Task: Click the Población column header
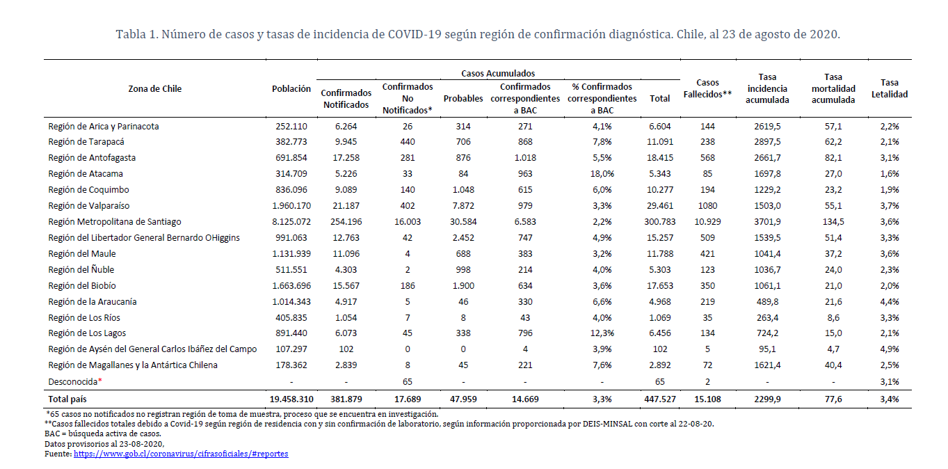coord(291,89)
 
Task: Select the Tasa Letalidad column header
coord(889,88)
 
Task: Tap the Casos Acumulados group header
coord(498,73)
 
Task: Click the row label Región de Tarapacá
coord(86,142)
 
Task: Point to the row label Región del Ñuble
coord(81,269)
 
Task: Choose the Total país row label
coord(67,399)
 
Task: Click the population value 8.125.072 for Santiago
coord(291,222)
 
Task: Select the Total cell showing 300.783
coord(660,222)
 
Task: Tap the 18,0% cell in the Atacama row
coord(602,174)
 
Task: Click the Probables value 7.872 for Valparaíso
coord(463,206)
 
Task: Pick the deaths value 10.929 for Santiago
coord(707,222)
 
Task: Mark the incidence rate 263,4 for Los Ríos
coord(767,318)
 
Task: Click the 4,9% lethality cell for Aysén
coord(889,349)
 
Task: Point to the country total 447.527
coord(660,399)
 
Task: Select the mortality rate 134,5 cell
coord(833,222)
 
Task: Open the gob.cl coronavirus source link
coord(181,454)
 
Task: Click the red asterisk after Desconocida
coord(100,380)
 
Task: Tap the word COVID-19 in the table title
coord(415,34)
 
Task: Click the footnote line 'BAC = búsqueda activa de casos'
coord(102,434)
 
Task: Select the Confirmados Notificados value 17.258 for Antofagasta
coord(346,158)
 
